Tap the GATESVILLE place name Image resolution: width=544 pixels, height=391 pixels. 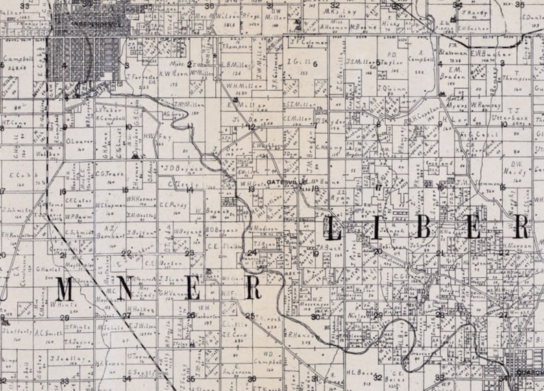click(283, 182)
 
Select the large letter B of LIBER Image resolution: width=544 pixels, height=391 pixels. click(422, 228)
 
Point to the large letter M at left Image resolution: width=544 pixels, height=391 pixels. click(64, 289)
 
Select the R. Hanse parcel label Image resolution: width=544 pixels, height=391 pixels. click(298, 335)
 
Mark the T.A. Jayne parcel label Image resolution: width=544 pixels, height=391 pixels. click(78, 341)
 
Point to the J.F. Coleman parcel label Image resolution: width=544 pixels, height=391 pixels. click(307, 42)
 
